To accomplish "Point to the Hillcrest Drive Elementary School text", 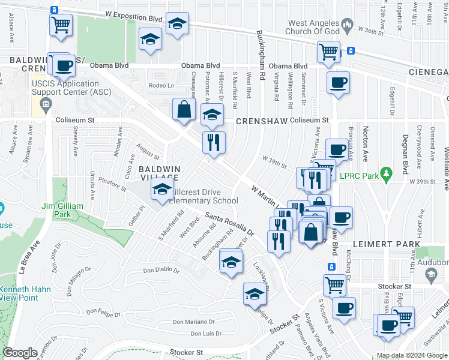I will [x=205, y=196].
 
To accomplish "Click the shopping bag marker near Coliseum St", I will [x=184, y=109].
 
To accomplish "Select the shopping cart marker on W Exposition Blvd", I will [x=61, y=25].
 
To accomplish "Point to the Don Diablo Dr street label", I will [x=161, y=270].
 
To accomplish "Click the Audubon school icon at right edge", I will [x=431, y=275].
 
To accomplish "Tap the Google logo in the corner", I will [x=20, y=353].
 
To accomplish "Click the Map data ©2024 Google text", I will [x=411, y=355].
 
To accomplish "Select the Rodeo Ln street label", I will [x=161, y=85].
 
